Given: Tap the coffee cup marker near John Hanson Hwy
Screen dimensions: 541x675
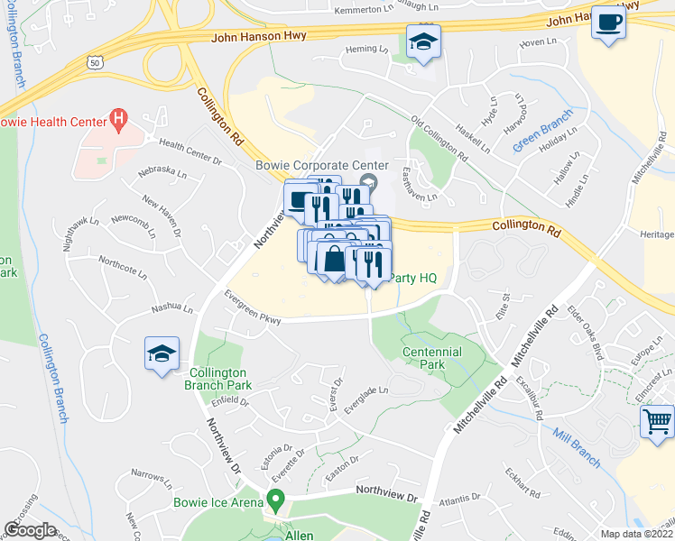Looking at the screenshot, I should [x=609, y=23].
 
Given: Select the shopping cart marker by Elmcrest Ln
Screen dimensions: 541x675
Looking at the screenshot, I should [x=657, y=420].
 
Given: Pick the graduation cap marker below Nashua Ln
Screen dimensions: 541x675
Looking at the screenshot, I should [x=162, y=353].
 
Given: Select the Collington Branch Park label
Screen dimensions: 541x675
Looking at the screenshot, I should [x=221, y=379].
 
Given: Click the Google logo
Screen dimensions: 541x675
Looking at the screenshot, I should [x=30, y=530].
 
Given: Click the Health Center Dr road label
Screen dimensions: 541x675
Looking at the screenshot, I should [x=190, y=151].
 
